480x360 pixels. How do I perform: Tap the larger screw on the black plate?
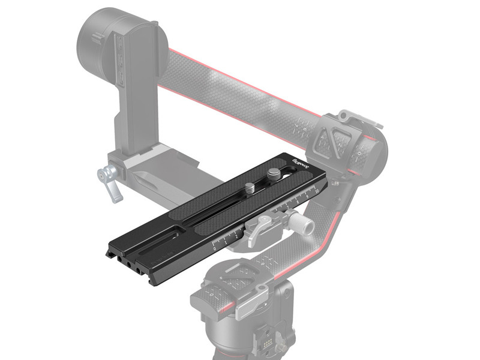point(274,175)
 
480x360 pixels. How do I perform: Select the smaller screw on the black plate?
point(249,188)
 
